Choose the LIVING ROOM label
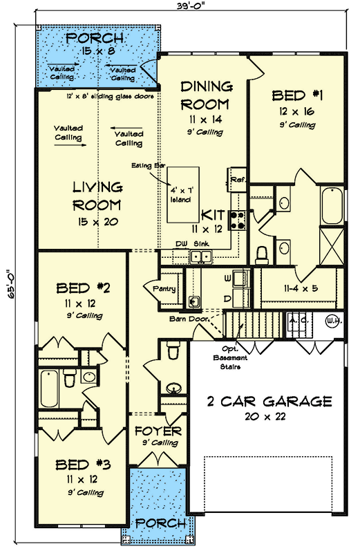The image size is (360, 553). click(98, 196)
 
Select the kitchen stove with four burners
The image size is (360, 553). click(237, 219)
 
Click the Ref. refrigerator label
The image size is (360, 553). click(238, 179)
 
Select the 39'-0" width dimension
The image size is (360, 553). click(187, 6)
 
